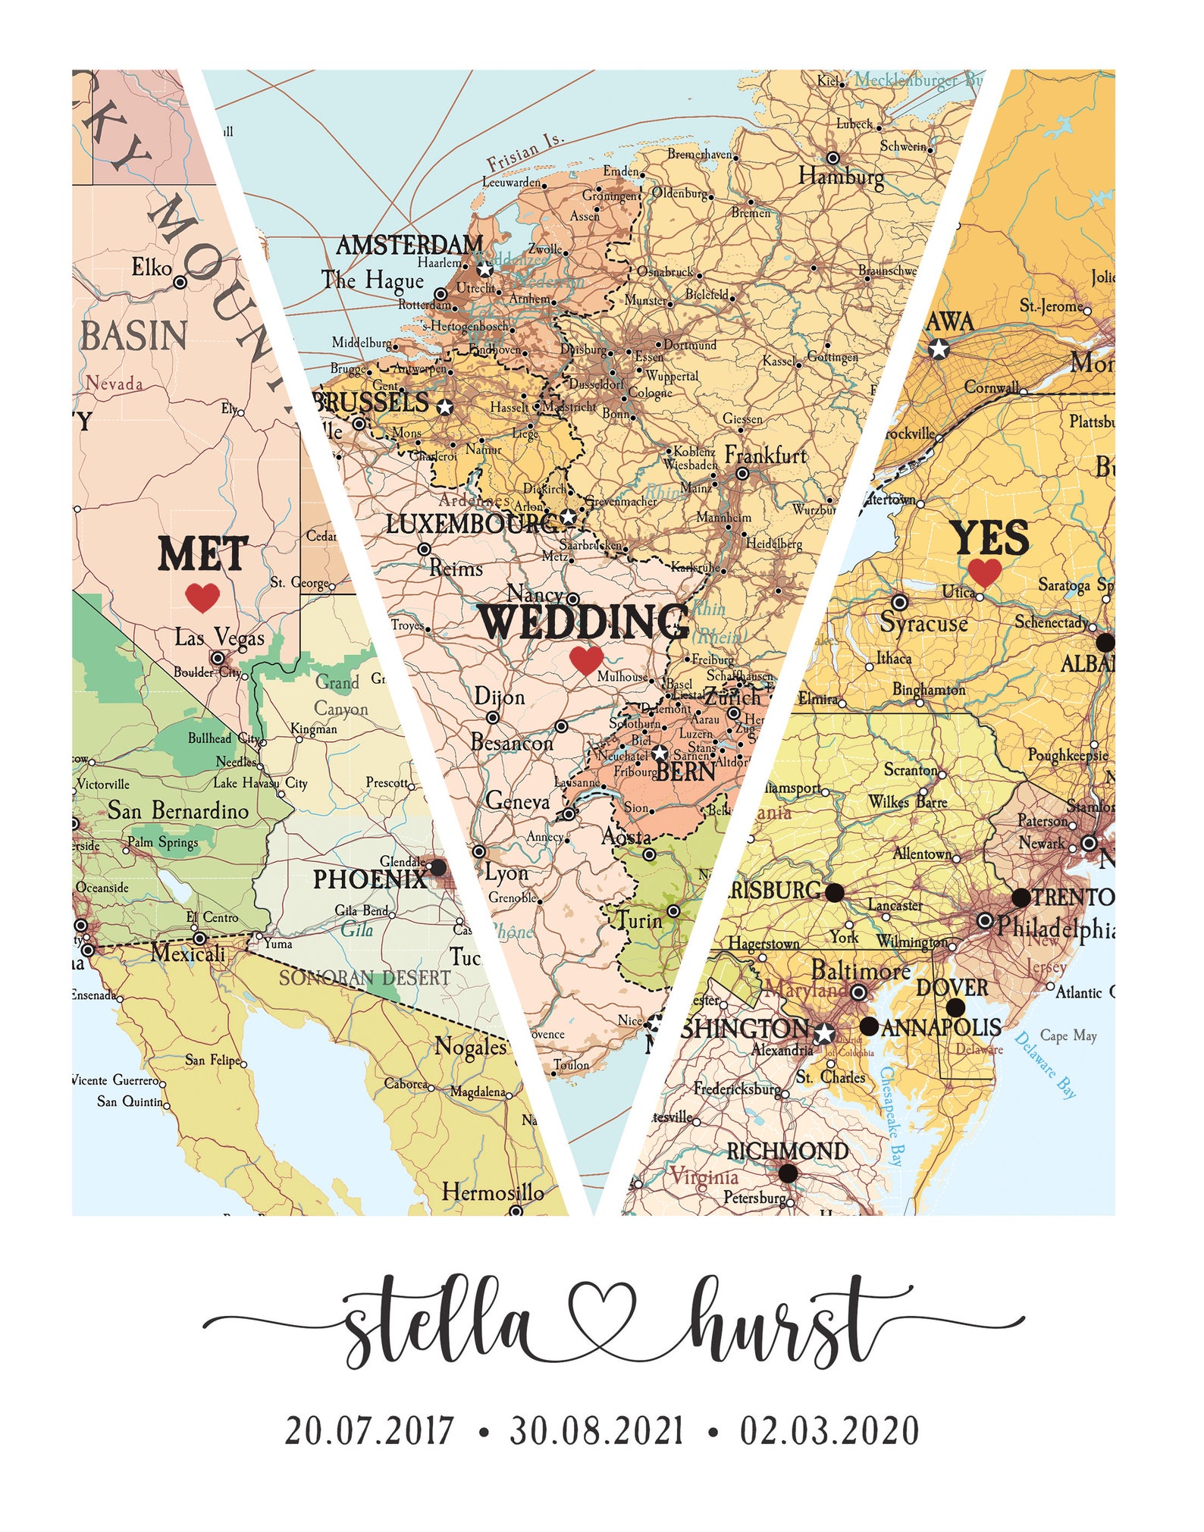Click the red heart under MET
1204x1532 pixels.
(202, 597)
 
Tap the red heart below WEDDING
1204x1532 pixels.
(585, 659)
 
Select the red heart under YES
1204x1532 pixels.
(985, 572)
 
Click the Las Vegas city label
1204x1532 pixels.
(219, 637)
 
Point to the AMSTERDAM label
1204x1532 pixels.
(409, 245)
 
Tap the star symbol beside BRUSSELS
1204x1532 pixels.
(445, 407)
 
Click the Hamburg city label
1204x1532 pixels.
(841, 177)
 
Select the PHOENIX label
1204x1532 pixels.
(370, 879)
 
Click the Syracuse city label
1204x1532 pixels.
(923, 623)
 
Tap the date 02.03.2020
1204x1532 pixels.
(829, 1431)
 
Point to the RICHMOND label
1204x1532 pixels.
(787, 1151)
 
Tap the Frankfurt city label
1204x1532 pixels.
(766, 455)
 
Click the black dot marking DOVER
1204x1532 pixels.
(955, 1007)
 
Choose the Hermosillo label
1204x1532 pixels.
(493, 1192)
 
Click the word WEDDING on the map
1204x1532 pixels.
(584, 622)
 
